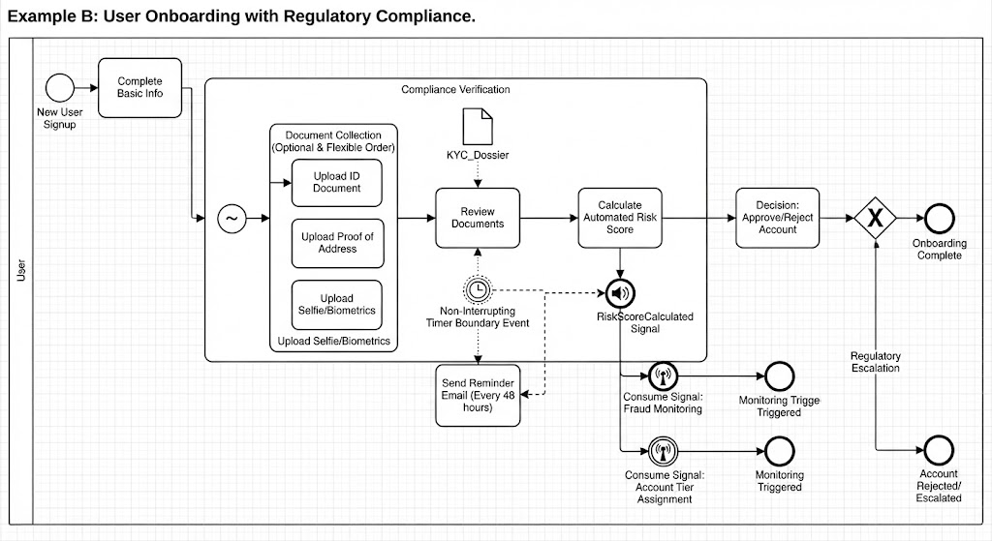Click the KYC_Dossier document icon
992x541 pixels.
(478, 127)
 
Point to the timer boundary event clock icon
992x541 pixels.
(478, 290)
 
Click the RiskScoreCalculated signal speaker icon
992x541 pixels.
(620, 293)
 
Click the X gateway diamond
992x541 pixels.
(875, 218)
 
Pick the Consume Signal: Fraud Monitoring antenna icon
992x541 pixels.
(663, 376)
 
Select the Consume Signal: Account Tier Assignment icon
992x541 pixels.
(663, 451)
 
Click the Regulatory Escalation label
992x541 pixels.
(875, 362)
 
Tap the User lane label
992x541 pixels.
(21, 270)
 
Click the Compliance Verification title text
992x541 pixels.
(455, 90)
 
